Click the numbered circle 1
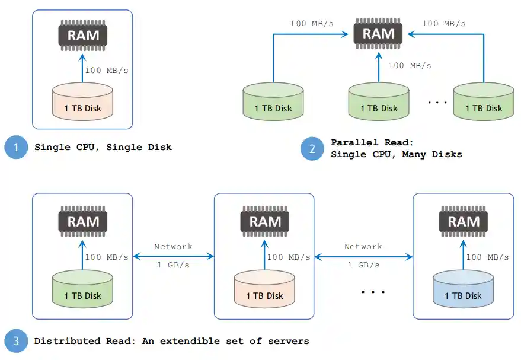(x=16, y=147)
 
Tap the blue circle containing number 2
(x=312, y=148)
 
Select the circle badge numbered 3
(x=16, y=341)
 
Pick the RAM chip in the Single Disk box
(x=82, y=35)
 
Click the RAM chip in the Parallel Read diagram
(x=378, y=33)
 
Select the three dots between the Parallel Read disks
(x=437, y=103)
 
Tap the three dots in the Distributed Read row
(x=373, y=292)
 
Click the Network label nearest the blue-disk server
(x=363, y=246)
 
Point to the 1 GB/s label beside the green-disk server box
(x=173, y=265)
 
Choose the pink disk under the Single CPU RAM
(x=82, y=103)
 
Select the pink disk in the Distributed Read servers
(x=264, y=291)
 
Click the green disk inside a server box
(x=82, y=291)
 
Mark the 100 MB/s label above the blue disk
(x=487, y=257)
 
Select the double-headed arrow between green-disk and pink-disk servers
(x=173, y=256)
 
